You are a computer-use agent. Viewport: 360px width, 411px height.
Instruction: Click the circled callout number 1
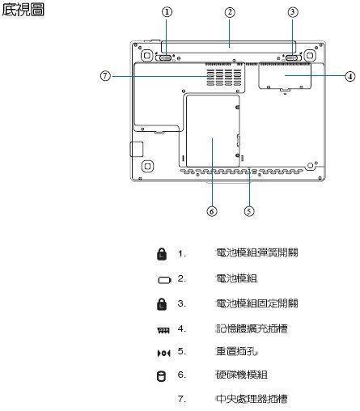167,12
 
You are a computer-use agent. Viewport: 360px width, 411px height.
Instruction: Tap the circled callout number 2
230,12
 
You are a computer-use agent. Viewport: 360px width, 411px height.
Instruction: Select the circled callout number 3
293,12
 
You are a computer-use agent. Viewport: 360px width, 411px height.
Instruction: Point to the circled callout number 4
350,76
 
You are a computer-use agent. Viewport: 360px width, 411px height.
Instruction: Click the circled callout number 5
249,211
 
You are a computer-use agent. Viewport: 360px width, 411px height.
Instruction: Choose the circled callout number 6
212,211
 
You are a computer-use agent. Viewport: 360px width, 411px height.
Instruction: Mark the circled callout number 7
105,76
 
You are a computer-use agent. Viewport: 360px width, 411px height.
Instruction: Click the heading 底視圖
23,10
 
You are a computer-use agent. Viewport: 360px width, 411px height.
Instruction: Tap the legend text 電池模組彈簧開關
256,252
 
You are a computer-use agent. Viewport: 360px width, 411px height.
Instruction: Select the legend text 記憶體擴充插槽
252,328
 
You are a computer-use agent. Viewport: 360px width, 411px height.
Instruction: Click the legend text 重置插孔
236,351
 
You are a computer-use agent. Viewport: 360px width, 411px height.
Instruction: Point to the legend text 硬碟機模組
242,375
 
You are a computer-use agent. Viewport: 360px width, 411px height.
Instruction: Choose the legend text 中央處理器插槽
252,399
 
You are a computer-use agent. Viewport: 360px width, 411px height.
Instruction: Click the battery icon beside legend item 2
164,280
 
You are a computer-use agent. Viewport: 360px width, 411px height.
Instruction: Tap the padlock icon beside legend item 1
162,254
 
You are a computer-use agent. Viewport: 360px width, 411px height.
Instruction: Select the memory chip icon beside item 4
163,330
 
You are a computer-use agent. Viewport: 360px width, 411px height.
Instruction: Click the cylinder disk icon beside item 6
161,376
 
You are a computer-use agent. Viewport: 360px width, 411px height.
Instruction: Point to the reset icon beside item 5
163,353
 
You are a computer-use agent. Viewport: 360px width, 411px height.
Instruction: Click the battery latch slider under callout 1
165,57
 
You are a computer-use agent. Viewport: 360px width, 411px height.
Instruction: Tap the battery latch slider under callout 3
292,57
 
